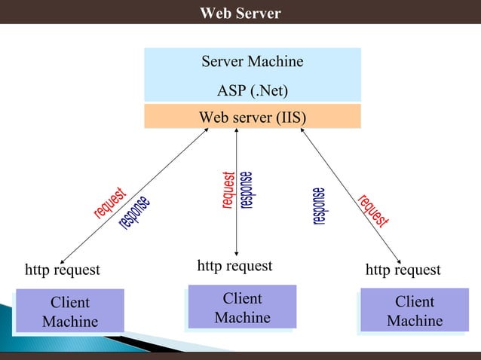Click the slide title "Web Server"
click(x=240, y=14)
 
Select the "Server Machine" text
click(x=252, y=62)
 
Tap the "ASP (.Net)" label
click(x=253, y=91)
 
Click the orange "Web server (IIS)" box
click(x=253, y=117)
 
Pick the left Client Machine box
click(x=69, y=312)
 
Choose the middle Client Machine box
click(x=242, y=309)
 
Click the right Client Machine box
click(x=414, y=312)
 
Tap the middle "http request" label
click(x=234, y=265)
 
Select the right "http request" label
click(x=403, y=270)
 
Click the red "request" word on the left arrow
click(x=109, y=203)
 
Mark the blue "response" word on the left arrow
click(x=134, y=213)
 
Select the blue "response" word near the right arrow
click(x=320, y=206)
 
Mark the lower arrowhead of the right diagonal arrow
click(x=400, y=258)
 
